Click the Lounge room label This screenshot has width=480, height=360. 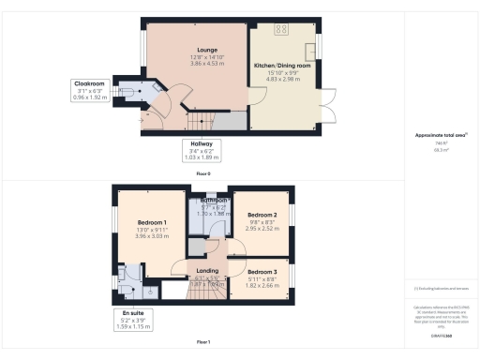tap(206, 50)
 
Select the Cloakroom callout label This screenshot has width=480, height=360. tap(91, 83)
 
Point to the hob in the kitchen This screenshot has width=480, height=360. tap(281, 29)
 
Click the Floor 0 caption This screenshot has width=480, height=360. tap(202, 173)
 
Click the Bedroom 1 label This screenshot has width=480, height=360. tap(139, 221)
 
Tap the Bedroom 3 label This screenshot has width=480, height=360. tap(262, 272)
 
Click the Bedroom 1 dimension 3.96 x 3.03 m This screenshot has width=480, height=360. tap(139, 236)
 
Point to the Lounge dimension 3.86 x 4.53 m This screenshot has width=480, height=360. tap(206, 63)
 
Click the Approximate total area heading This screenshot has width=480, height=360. tap(441, 135)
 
